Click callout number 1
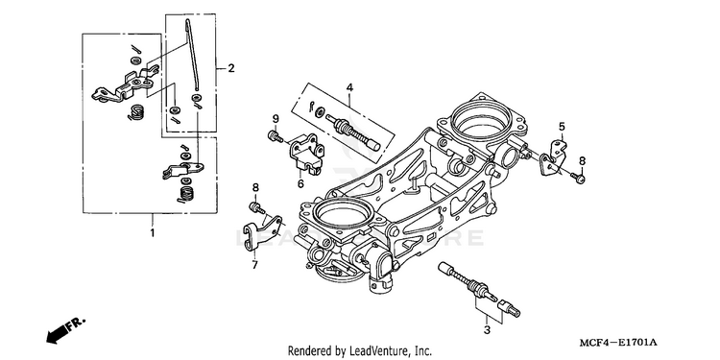[152, 233]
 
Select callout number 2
[231, 68]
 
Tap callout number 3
[487, 329]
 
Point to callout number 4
[349, 87]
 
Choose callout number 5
[562, 127]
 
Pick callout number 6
[300, 183]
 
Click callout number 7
[254, 265]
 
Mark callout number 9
[276, 118]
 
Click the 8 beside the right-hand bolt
[583, 160]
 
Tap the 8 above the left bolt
[255, 187]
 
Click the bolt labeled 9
[276, 136]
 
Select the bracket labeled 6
[306, 154]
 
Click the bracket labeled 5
[553, 156]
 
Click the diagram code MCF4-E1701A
[618, 343]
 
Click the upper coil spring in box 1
[136, 112]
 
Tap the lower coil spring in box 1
[185, 194]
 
